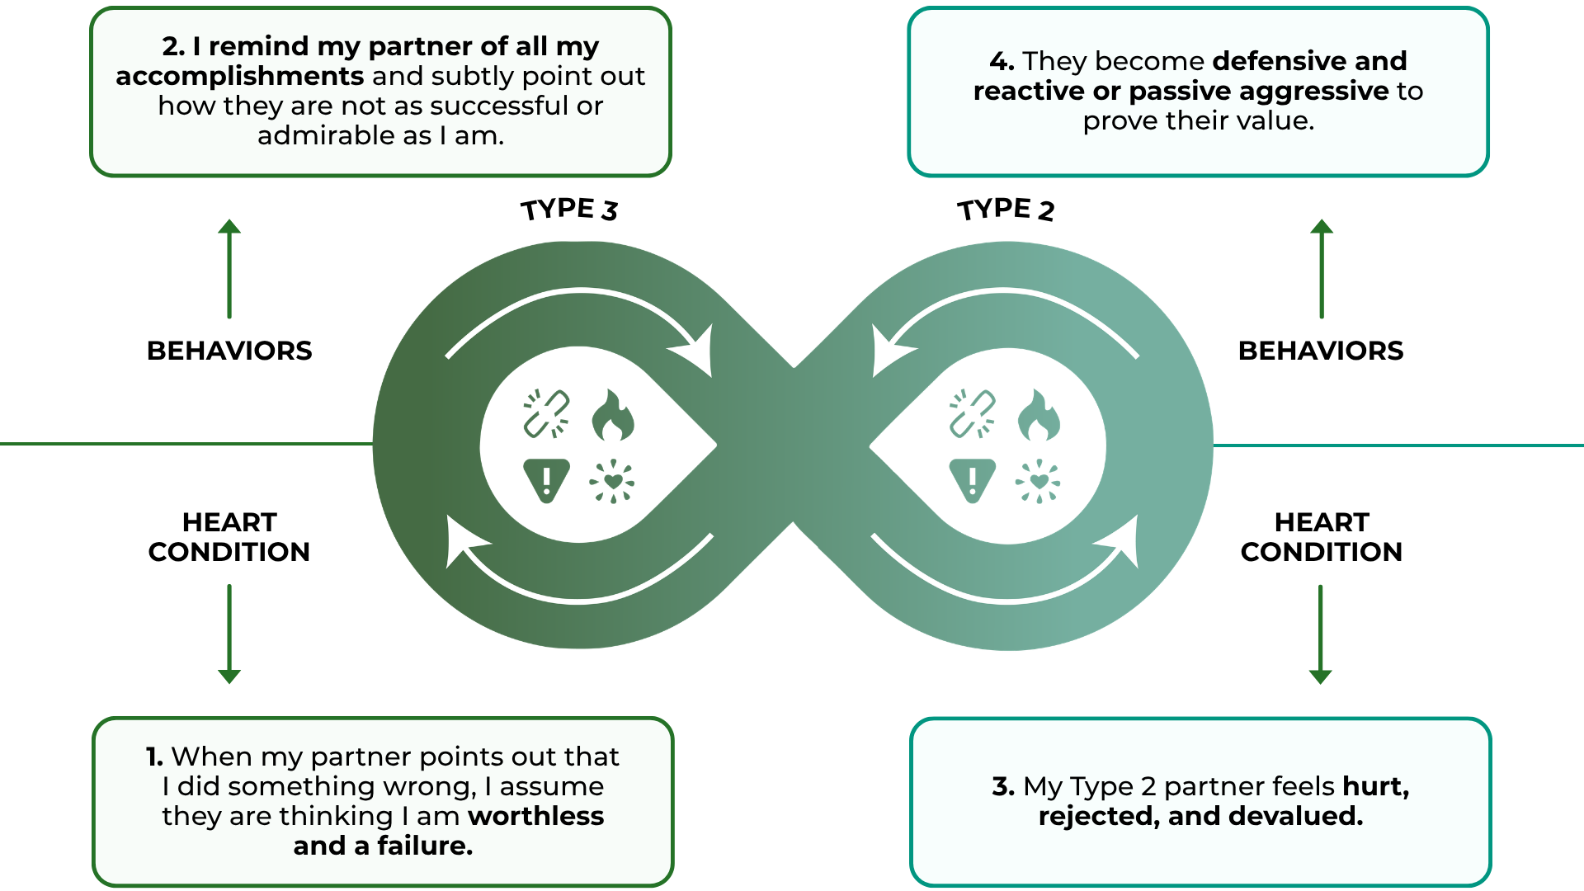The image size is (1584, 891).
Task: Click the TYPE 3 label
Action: click(x=569, y=210)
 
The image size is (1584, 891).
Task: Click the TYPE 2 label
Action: click(x=1006, y=210)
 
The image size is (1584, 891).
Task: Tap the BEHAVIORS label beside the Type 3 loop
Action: click(x=229, y=351)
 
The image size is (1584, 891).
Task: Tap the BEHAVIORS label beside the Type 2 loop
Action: click(x=1321, y=351)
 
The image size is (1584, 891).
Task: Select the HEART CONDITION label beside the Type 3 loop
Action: click(x=229, y=537)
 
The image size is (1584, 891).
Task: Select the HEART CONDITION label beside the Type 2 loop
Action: click(x=1322, y=537)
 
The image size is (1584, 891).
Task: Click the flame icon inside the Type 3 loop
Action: click(x=613, y=415)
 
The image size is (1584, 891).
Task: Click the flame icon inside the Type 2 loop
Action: click(x=1039, y=415)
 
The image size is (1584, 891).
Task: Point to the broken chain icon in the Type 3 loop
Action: click(x=546, y=413)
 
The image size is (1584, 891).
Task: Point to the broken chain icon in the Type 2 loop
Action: click(x=972, y=413)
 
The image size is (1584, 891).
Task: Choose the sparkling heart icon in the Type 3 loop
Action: click(x=612, y=481)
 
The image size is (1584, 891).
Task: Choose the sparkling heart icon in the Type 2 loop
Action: click(x=1039, y=481)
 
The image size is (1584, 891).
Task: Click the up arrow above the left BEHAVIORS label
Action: click(x=229, y=269)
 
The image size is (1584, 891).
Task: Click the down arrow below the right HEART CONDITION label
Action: click(x=1321, y=634)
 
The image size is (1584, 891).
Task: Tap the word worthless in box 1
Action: click(x=536, y=816)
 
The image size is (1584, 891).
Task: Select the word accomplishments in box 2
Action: click(x=239, y=77)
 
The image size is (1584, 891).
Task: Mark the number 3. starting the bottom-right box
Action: click(x=1003, y=786)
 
